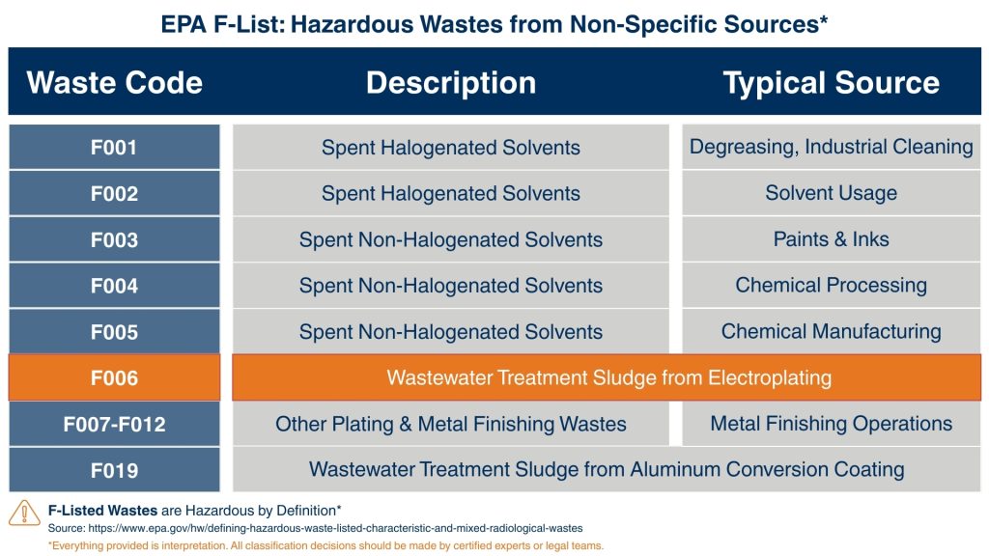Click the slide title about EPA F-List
[x=494, y=24]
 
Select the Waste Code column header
[x=114, y=83]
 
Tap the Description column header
[x=450, y=83]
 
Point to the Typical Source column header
[x=831, y=83]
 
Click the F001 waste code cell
[x=114, y=148]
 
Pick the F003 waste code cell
[x=114, y=240]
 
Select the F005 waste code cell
[x=114, y=332]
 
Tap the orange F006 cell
[x=114, y=378]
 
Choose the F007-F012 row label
[x=114, y=425]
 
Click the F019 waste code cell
[x=114, y=471]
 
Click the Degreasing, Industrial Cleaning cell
[x=831, y=148]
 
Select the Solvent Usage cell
[x=831, y=193]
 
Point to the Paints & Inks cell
[x=831, y=239]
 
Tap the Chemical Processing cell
[x=831, y=286]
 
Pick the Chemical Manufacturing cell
[x=831, y=332]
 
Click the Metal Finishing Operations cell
[x=831, y=424]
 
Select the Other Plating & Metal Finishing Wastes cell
[x=450, y=425]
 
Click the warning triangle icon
[x=24, y=513]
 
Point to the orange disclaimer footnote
[x=325, y=545]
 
